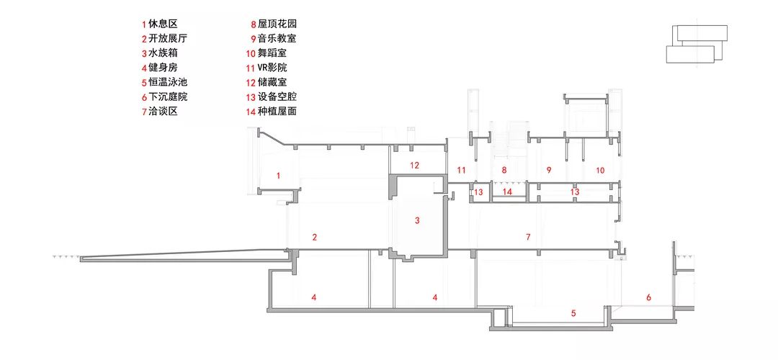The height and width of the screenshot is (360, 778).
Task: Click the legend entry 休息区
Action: tap(162, 23)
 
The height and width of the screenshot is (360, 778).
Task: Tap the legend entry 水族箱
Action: tap(162, 53)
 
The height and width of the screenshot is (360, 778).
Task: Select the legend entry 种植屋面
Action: tap(277, 111)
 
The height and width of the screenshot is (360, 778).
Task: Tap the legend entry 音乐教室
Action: tap(277, 38)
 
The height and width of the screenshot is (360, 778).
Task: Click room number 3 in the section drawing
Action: tap(417, 221)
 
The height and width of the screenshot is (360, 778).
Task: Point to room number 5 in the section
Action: tap(573, 313)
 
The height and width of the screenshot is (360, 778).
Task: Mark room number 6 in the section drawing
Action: tap(648, 297)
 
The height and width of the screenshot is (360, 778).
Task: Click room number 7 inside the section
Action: tap(527, 236)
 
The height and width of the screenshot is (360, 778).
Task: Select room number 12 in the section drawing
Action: tap(414, 165)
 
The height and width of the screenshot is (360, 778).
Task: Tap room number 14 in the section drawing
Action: tap(507, 192)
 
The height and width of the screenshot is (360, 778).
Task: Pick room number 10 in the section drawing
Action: tap(600, 170)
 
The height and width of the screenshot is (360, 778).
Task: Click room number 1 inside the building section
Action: tap(278, 175)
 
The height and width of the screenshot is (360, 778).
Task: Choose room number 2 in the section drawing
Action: tap(314, 236)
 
